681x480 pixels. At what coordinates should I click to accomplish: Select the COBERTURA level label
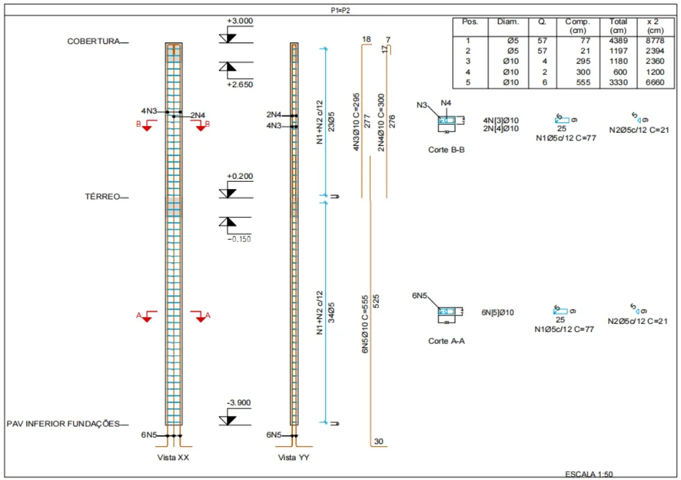pyautogui.click(x=93, y=41)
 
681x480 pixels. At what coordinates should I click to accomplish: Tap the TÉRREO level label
pyautogui.click(x=102, y=196)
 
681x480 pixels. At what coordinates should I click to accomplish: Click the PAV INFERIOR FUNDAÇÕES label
pyautogui.click(x=63, y=424)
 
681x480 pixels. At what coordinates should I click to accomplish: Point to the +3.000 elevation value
pyautogui.click(x=240, y=21)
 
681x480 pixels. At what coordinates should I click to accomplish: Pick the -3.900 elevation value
pyautogui.click(x=239, y=403)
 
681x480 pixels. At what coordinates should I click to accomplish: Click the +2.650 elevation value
pyautogui.click(x=240, y=85)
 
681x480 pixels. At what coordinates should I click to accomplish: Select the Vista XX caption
pyautogui.click(x=174, y=458)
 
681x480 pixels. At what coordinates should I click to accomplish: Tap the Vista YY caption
pyautogui.click(x=294, y=458)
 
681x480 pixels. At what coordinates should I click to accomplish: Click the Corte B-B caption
pyautogui.click(x=446, y=150)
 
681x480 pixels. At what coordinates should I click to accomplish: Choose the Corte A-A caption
pyautogui.click(x=446, y=341)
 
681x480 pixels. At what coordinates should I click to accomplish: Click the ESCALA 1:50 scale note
pyautogui.click(x=589, y=474)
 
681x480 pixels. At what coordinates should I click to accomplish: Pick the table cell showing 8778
pyautogui.click(x=655, y=41)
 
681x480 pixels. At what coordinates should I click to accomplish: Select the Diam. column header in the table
pyautogui.click(x=508, y=22)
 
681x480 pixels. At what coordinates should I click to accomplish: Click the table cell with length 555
pyautogui.click(x=577, y=82)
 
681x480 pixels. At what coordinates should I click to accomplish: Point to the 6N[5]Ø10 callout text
pyautogui.click(x=497, y=313)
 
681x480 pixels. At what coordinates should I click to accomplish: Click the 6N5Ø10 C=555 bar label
pyautogui.click(x=365, y=324)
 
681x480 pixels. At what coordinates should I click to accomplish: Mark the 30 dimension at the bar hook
pyautogui.click(x=379, y=442)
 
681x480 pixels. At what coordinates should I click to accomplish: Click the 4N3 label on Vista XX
pyautogui.click(x=149, y=111)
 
